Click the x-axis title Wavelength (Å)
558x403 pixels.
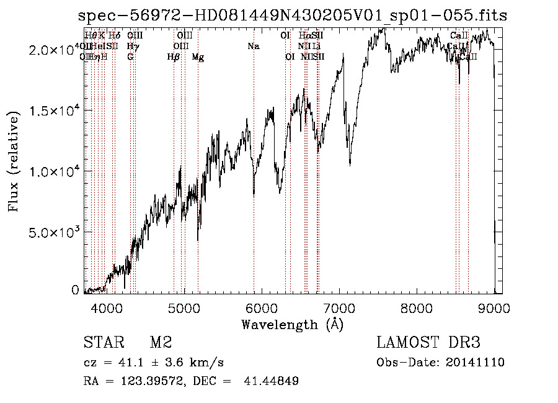point(291,324)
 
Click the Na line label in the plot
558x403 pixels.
point(253,47)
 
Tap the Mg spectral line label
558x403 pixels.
point(198,57)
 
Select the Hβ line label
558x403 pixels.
point(174,57)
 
